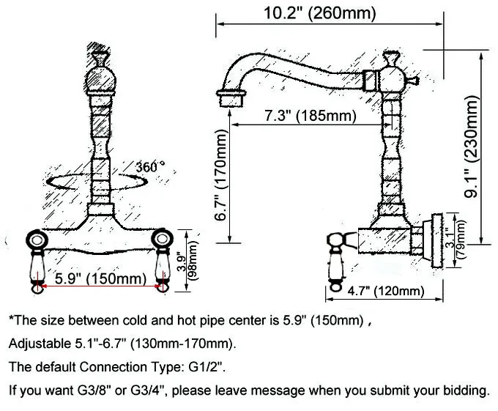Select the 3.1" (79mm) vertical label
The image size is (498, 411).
[456, 235]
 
